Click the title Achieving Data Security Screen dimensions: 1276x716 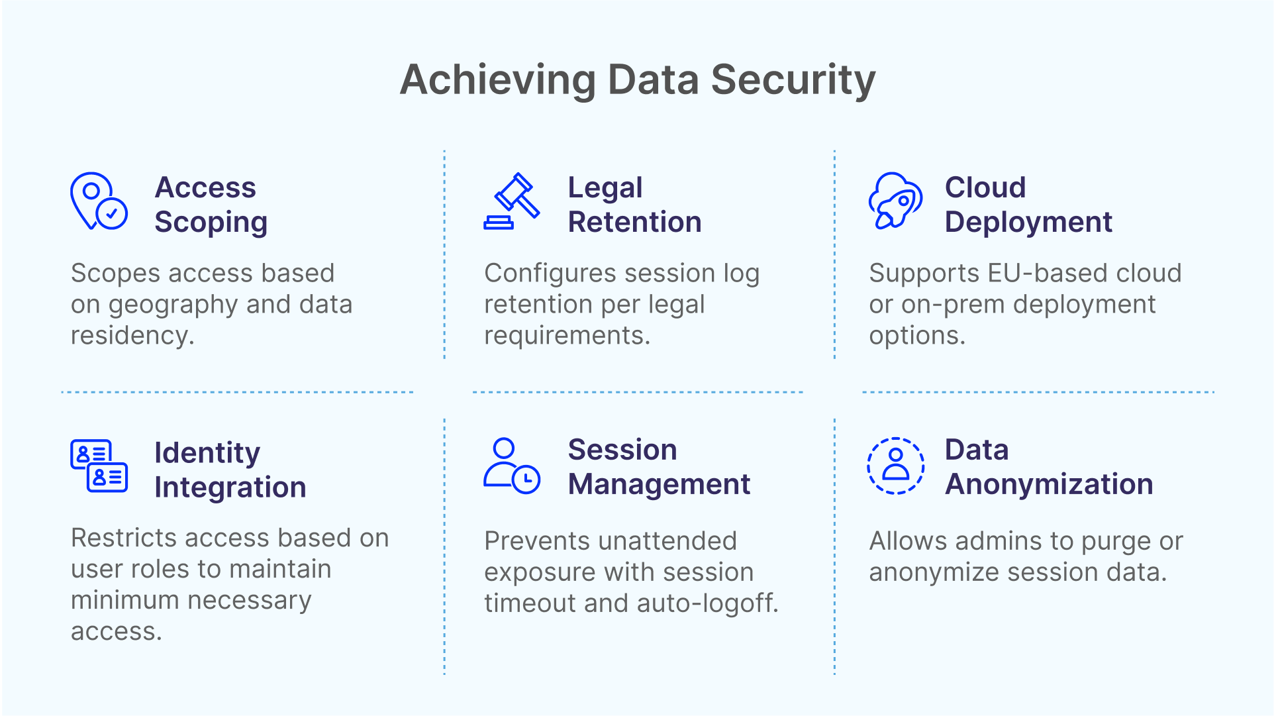tap(638, 80)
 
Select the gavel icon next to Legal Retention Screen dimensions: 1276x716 tap(512, 201)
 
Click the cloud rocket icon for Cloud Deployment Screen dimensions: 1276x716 tap(895, 201)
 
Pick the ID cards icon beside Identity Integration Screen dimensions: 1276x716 tap(99, 466)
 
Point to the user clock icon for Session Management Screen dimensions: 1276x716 tap(512, 466)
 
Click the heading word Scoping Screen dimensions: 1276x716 tap(211, 223)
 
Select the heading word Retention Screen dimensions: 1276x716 tap(634, 222)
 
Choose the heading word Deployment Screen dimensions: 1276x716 tap(1028, 223)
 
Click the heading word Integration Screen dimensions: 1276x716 tap(230, 488)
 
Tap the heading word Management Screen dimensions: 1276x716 tap(659, 485)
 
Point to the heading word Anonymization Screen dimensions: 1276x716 tap(1049, 484)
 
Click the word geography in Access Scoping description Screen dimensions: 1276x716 tap(173, 305)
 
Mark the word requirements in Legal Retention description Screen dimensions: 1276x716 tap(567, 336)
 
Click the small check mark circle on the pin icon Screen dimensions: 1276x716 tap(112, 213)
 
